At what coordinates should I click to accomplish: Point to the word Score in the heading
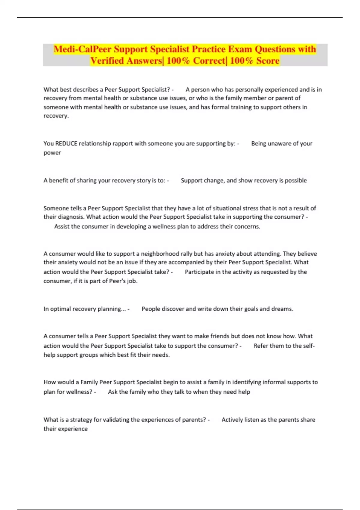click(268, 61)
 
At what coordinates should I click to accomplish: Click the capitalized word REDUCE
click(66, 143)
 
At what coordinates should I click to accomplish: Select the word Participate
click(199, 272)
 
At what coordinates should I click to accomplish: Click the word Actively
click(232, 420)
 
